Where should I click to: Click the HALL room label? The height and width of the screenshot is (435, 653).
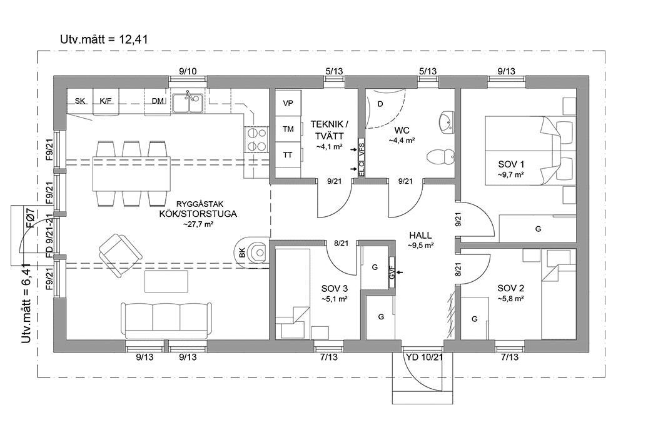(421, 235)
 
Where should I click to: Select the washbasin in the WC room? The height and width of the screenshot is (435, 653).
(447, 122)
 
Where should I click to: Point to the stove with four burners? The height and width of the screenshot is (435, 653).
(256, 139)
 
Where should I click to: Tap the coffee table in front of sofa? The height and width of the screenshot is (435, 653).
(166, 281)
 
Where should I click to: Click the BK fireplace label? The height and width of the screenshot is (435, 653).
(242, 253)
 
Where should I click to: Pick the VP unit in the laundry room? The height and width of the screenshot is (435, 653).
(288, 103)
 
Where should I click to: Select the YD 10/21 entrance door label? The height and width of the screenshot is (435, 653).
(425, 357)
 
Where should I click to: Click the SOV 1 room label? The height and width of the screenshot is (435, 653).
(510, 164)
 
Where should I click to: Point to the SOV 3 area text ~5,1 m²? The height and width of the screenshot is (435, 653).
(335, 299)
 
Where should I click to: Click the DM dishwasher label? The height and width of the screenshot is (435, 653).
(158, 101)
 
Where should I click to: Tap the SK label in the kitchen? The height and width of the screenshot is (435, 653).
(79, 101)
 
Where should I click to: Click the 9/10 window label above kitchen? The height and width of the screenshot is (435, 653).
(188, 71)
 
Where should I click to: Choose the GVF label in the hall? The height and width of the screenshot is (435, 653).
(392, 272)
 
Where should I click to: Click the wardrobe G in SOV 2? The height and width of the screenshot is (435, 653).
(475, 319)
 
